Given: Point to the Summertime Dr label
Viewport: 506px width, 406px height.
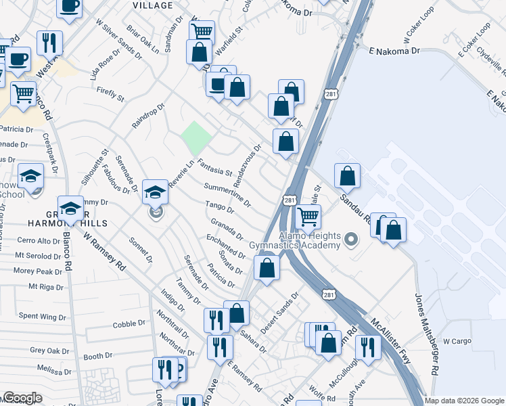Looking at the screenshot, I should [227, 194].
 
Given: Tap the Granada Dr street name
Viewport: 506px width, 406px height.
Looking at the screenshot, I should [227, 227].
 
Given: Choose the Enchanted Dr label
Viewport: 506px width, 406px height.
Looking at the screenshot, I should [226, 246].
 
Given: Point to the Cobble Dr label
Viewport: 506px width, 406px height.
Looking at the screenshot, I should [125, 325].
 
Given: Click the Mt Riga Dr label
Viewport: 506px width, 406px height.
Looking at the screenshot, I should [47, 287].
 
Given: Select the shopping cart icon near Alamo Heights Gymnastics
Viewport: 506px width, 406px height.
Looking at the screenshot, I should [308, 217].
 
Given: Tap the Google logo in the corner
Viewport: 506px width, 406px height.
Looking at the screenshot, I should [22, 398].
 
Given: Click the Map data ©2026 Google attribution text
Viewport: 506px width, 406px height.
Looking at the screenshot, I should [464, 401].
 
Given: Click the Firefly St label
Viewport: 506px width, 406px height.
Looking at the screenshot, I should [111, 94].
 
